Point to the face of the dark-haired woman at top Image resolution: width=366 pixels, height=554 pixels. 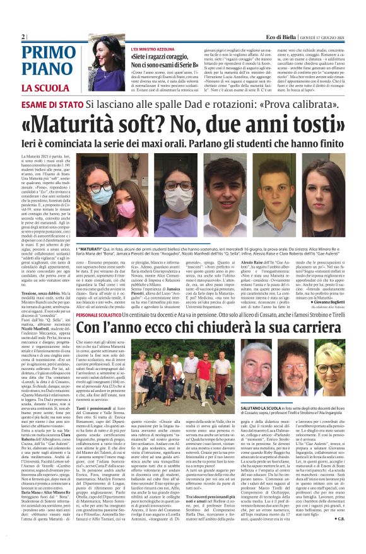point(100,50)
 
